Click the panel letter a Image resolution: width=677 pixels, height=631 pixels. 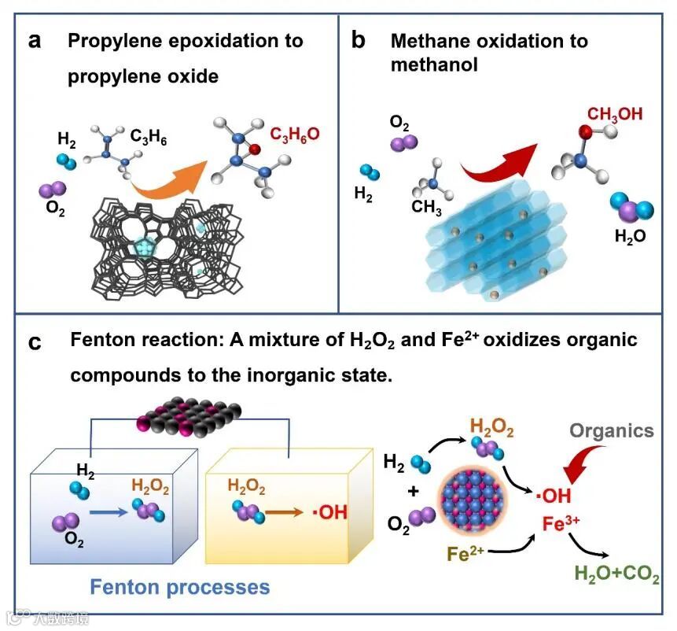click(34, 42)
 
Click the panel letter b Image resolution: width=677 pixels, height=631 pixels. click(359, 42)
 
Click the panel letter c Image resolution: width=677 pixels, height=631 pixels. click(35, 344)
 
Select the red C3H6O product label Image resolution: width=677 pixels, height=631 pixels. click(296, 135)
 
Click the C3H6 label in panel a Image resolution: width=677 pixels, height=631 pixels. click(149, 137)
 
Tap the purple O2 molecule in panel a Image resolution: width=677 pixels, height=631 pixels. click(53, 190)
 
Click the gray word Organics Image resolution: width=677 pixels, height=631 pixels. click(611, 430)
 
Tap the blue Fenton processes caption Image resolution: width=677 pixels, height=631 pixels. click(180, 586)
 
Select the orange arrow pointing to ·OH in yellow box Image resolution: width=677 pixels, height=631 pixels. click(281, 512)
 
